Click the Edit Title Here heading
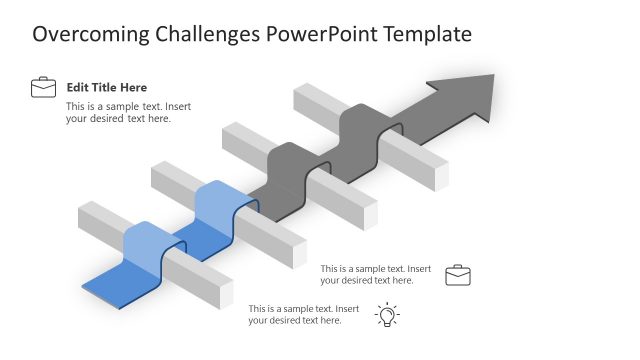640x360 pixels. click(x=106, y=88)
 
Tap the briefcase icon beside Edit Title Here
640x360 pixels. click(x=43, y=88)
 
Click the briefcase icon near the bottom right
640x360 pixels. click(x=458, y=275)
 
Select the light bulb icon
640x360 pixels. click(x=387, y=315)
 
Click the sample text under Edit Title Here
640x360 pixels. click(x=118, y=112)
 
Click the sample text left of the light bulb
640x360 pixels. click(x=303, y=314)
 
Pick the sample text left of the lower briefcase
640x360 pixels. click(x=375, y=274)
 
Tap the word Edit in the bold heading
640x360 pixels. click(x=78, y=88)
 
